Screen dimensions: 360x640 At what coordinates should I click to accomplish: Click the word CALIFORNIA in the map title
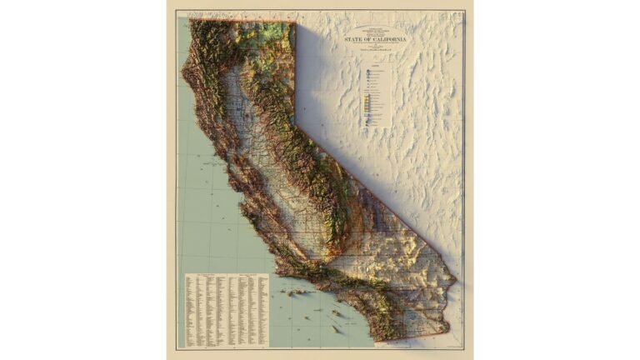(387, 39)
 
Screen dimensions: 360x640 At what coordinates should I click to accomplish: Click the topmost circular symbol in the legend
(367, 72)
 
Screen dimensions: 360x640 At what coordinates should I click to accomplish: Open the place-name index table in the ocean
(226, 309)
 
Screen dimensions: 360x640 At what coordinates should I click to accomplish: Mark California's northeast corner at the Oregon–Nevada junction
(295, 23)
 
